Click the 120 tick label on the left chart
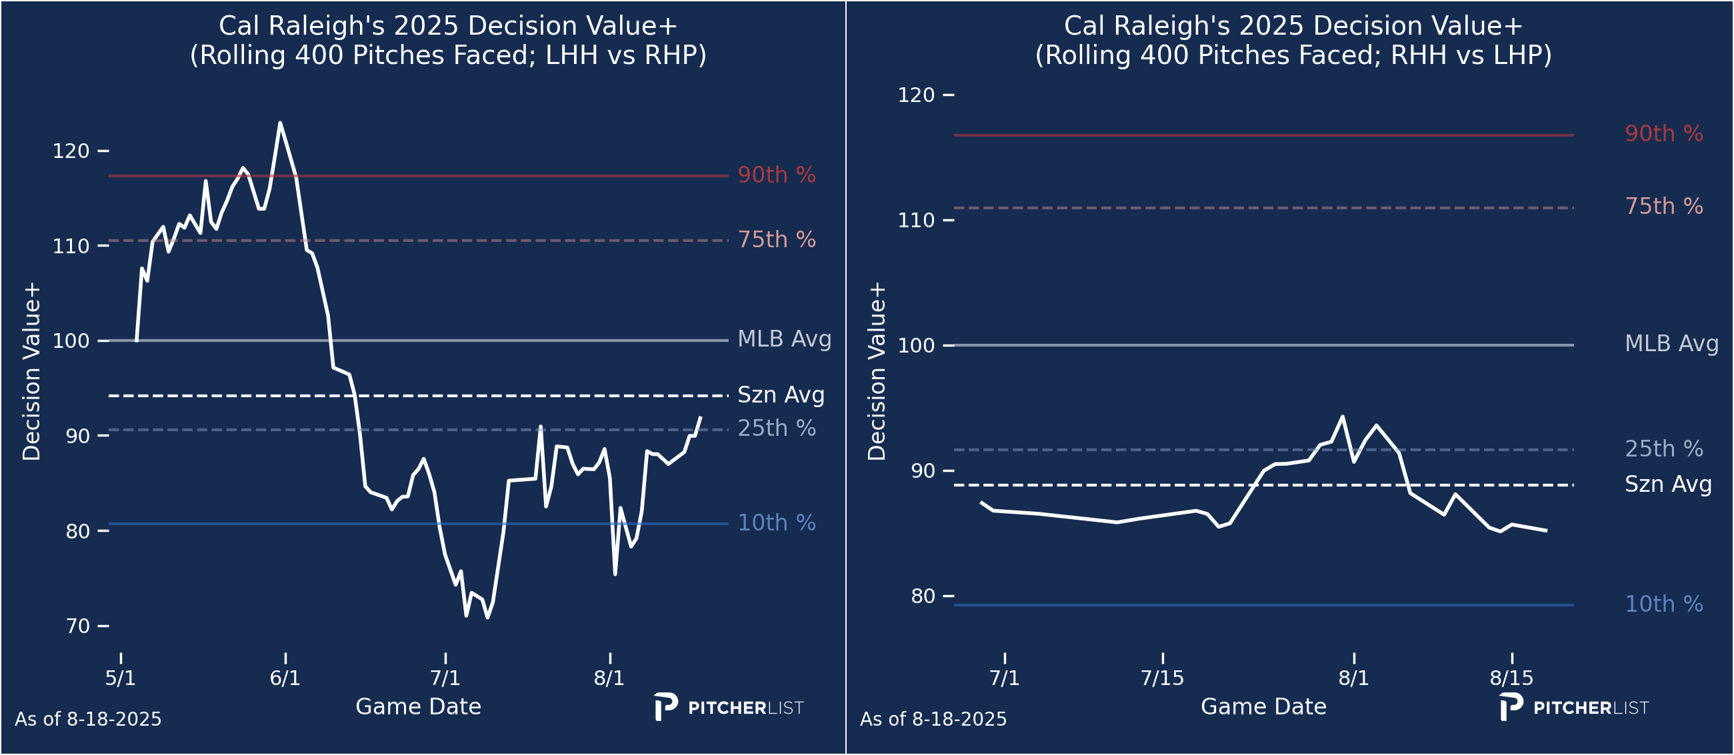[71, 151]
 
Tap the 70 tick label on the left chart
[77, 626]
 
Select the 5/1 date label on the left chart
[121, 678]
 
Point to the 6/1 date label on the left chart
[285, 678]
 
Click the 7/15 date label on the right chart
[1162, 678]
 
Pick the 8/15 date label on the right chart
[1511, 678]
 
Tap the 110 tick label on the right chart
[916, 220]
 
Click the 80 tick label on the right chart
[923, 596]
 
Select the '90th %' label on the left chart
[776, 175]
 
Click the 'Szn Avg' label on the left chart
[781, 395]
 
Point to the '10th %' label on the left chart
[776, 523]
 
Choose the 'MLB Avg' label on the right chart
[1671, 343]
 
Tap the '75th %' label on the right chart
[1663, 206]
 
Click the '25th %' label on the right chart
[1663, 449]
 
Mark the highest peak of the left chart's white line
[280, 123]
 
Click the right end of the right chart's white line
[1546, 531]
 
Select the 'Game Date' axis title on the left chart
[418, 706]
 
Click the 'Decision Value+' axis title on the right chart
[877, 371]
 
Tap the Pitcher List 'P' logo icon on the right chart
[1511, 706]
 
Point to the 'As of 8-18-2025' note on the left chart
[88, 719]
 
